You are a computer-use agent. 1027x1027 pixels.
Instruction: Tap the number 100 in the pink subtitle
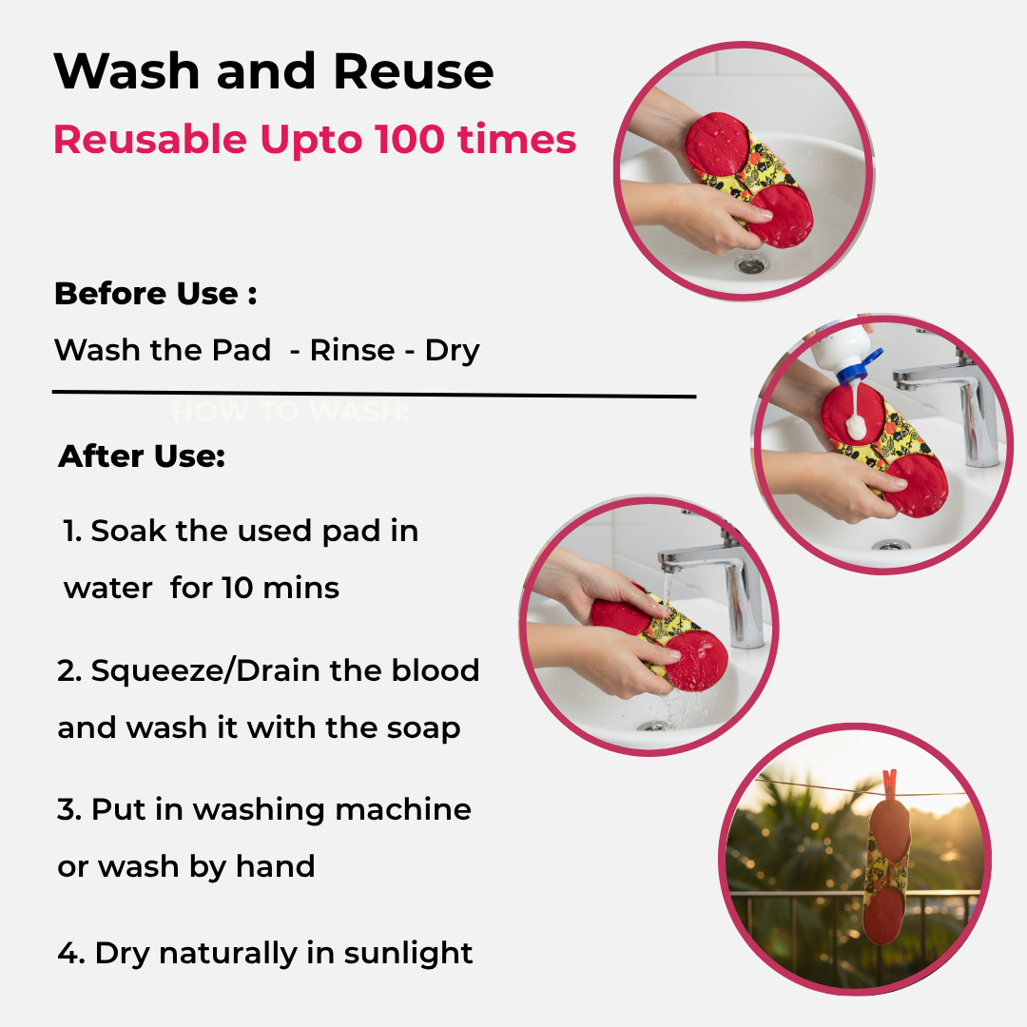point(410,139)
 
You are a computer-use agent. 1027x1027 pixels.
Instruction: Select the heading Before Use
point(155,294)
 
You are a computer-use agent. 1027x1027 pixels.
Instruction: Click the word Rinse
point(352,350)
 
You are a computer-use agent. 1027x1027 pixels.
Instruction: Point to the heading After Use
point(142,455)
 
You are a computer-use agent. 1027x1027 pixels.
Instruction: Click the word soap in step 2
point(423,729)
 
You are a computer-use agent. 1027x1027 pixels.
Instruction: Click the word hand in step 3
point(275,866)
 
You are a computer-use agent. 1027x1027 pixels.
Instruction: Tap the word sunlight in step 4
point(407,954)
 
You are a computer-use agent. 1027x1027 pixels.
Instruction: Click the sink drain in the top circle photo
point(750,265)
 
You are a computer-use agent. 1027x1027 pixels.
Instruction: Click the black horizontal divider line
point(374,395)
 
